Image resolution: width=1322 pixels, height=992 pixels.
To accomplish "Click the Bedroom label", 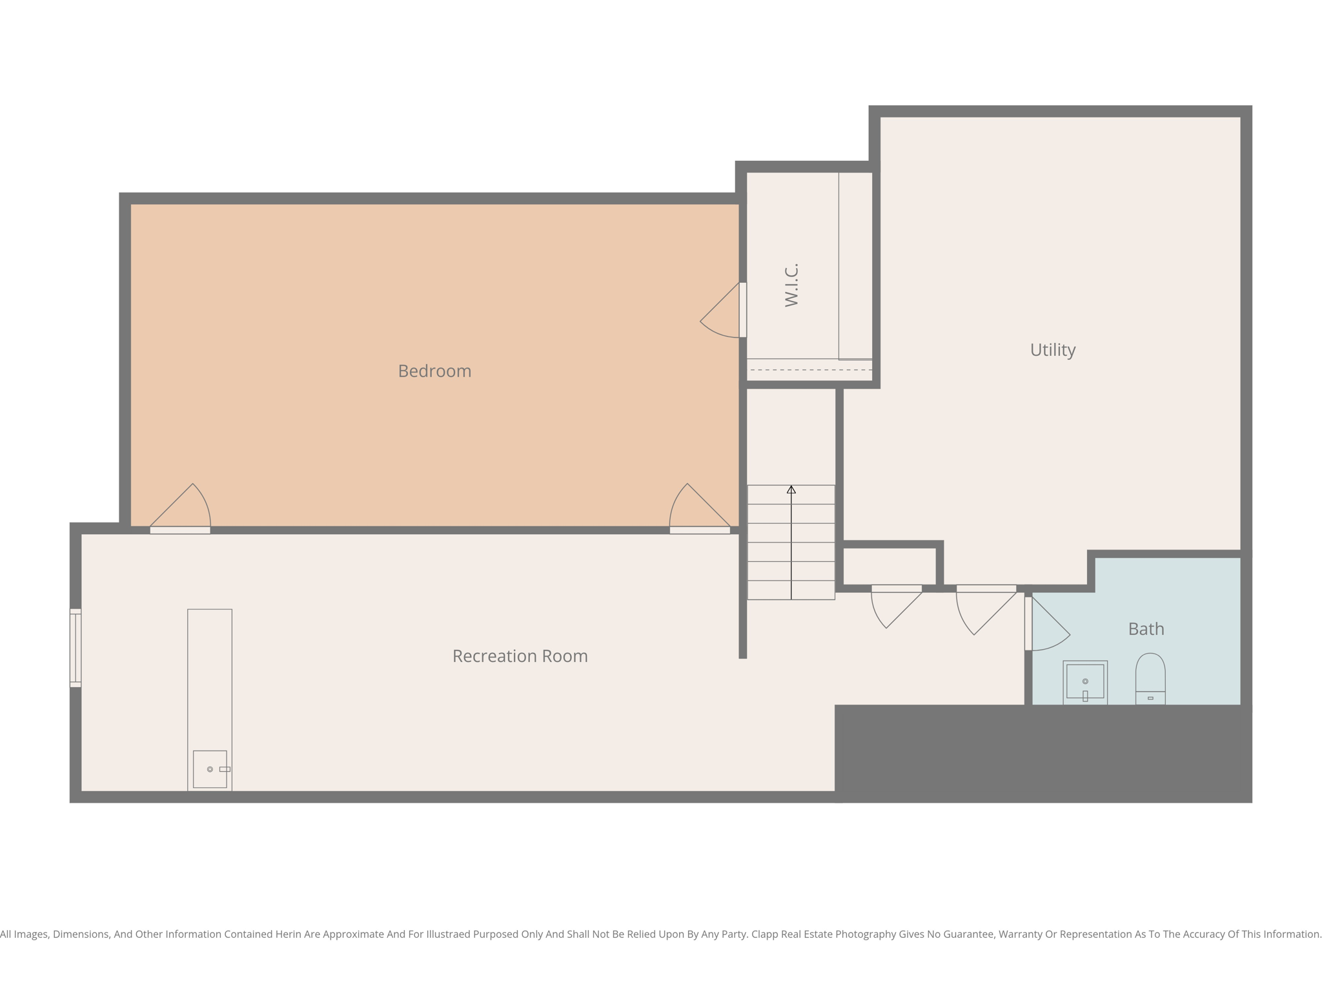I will pos(434,371).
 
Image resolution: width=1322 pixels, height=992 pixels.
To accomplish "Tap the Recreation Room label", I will pos(520,656).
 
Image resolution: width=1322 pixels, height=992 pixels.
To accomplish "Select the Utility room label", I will pos(1052,350).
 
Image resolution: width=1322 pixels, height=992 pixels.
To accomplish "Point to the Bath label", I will pos(1146,629).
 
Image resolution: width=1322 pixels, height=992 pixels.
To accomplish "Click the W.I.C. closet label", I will pos(791,285).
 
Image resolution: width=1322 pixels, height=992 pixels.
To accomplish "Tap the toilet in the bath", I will pos(1150,678).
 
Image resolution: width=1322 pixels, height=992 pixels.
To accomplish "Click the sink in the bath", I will pos(1084,682).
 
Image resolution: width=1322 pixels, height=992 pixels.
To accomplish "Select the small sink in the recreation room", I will pos(210,769).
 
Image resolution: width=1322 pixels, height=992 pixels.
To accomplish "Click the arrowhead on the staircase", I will pos(791,490).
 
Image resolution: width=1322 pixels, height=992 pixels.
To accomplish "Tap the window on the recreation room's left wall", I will pos(76,648).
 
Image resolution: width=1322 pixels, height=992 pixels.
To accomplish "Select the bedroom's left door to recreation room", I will pos(184,510).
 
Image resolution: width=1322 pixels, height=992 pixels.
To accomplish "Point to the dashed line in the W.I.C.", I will pos(810,370).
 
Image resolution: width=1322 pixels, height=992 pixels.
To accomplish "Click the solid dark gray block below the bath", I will pos(1042,754).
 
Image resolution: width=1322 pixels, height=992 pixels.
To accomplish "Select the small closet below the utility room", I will pos(890,566).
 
